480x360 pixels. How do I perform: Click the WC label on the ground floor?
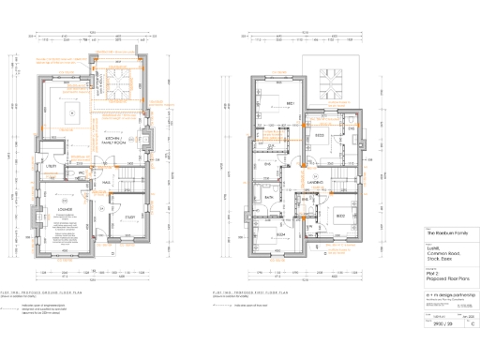point(82,172)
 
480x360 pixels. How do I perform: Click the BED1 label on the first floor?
point(291,103)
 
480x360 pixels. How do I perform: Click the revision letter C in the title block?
point(460,323)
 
